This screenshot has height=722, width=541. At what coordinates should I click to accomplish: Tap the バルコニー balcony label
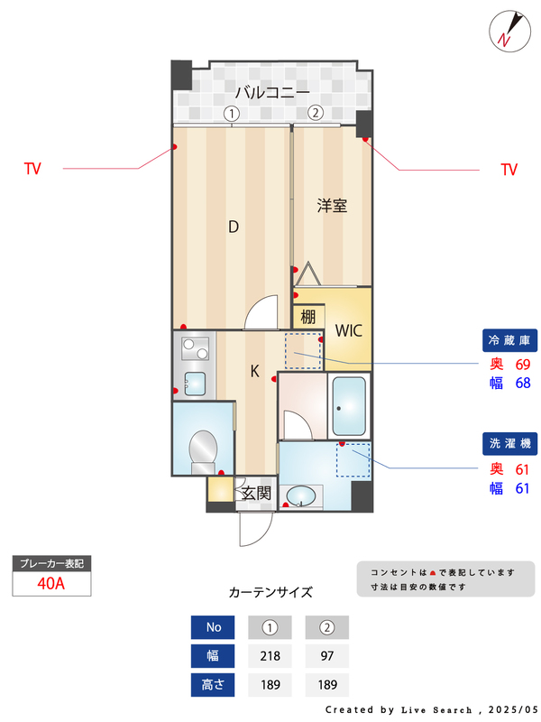point(272,92)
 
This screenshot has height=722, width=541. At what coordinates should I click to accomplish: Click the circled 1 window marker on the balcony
point(232,114)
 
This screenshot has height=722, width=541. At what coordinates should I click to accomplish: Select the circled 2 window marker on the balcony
point(315,113)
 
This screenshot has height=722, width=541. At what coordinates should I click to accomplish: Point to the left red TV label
point(32,169)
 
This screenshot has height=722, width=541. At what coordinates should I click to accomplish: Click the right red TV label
point(509,169)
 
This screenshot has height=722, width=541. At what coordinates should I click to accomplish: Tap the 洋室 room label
point(332,206)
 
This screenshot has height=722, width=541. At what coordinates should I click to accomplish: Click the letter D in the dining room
point(233,227)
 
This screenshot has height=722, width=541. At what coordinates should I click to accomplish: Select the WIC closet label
point(348,330)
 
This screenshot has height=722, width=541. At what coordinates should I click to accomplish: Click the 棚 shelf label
point(308,317)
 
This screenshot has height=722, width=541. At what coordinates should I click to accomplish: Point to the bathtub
point(348,405)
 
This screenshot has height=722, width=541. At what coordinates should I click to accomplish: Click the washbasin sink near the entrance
point(302,496)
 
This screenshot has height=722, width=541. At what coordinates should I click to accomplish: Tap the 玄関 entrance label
point(256,493)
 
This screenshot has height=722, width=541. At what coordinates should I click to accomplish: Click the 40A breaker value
point(51,583)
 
